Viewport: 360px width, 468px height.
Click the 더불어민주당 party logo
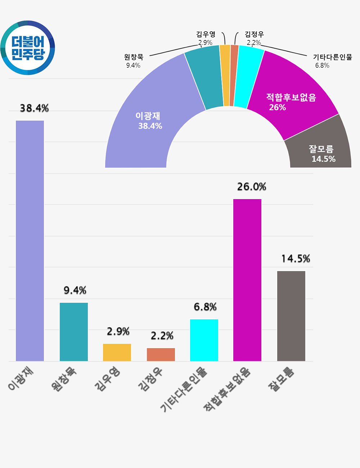(x=28, y=48)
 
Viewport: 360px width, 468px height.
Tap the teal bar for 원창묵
(x=74, y=332)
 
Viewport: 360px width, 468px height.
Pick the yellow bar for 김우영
(x=117, y=352)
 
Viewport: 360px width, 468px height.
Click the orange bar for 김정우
(x=161, y=354)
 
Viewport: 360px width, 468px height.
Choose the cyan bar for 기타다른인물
(x=204, y=340)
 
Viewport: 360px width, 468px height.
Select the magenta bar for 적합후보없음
(x=247, y=280)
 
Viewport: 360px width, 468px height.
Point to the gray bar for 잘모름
(x=291, y=316)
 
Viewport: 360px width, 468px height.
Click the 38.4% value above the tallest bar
(x=34, y=108)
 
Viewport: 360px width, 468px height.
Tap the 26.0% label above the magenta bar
(x=252, y=186)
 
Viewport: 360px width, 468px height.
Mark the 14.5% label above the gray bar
(x=296, y=258)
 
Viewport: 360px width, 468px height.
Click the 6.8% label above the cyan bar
(x=205, y=307)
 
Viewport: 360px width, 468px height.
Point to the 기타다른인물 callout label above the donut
(x=332, y=57)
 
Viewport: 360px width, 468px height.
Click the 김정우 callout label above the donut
(x=254, y=34)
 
